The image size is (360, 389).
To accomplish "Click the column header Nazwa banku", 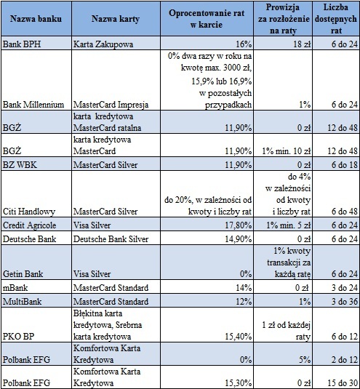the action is point(36,19).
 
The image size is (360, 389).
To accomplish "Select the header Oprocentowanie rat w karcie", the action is point(207,19).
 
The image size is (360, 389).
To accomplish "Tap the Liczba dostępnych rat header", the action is point(336,19).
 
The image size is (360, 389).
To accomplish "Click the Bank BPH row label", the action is point(22,44).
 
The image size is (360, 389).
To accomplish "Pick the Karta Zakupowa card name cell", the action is point(103,44).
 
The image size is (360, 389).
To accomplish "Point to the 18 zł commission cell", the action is point(301,44).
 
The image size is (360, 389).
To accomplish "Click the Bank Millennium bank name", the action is point(33,105).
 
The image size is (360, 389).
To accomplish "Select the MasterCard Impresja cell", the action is point(111,105).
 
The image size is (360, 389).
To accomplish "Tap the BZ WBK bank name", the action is point(20,165).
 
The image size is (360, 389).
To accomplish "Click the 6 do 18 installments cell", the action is point(345,165).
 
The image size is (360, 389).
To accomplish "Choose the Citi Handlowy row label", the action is point(29,212).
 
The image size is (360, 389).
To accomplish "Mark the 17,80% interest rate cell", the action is point(238,225).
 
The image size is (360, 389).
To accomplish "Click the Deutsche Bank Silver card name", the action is point(111,239).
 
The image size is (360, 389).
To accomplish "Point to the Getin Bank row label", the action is point(23,274).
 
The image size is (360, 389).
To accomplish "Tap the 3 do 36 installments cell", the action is point(345,302).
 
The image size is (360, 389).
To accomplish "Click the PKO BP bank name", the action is point(19,337).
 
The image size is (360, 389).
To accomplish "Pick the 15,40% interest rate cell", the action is point(238,337).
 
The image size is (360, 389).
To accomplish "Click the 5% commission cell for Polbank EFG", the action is point(305,360).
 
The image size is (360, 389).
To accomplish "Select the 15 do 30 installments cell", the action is point(343,382).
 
